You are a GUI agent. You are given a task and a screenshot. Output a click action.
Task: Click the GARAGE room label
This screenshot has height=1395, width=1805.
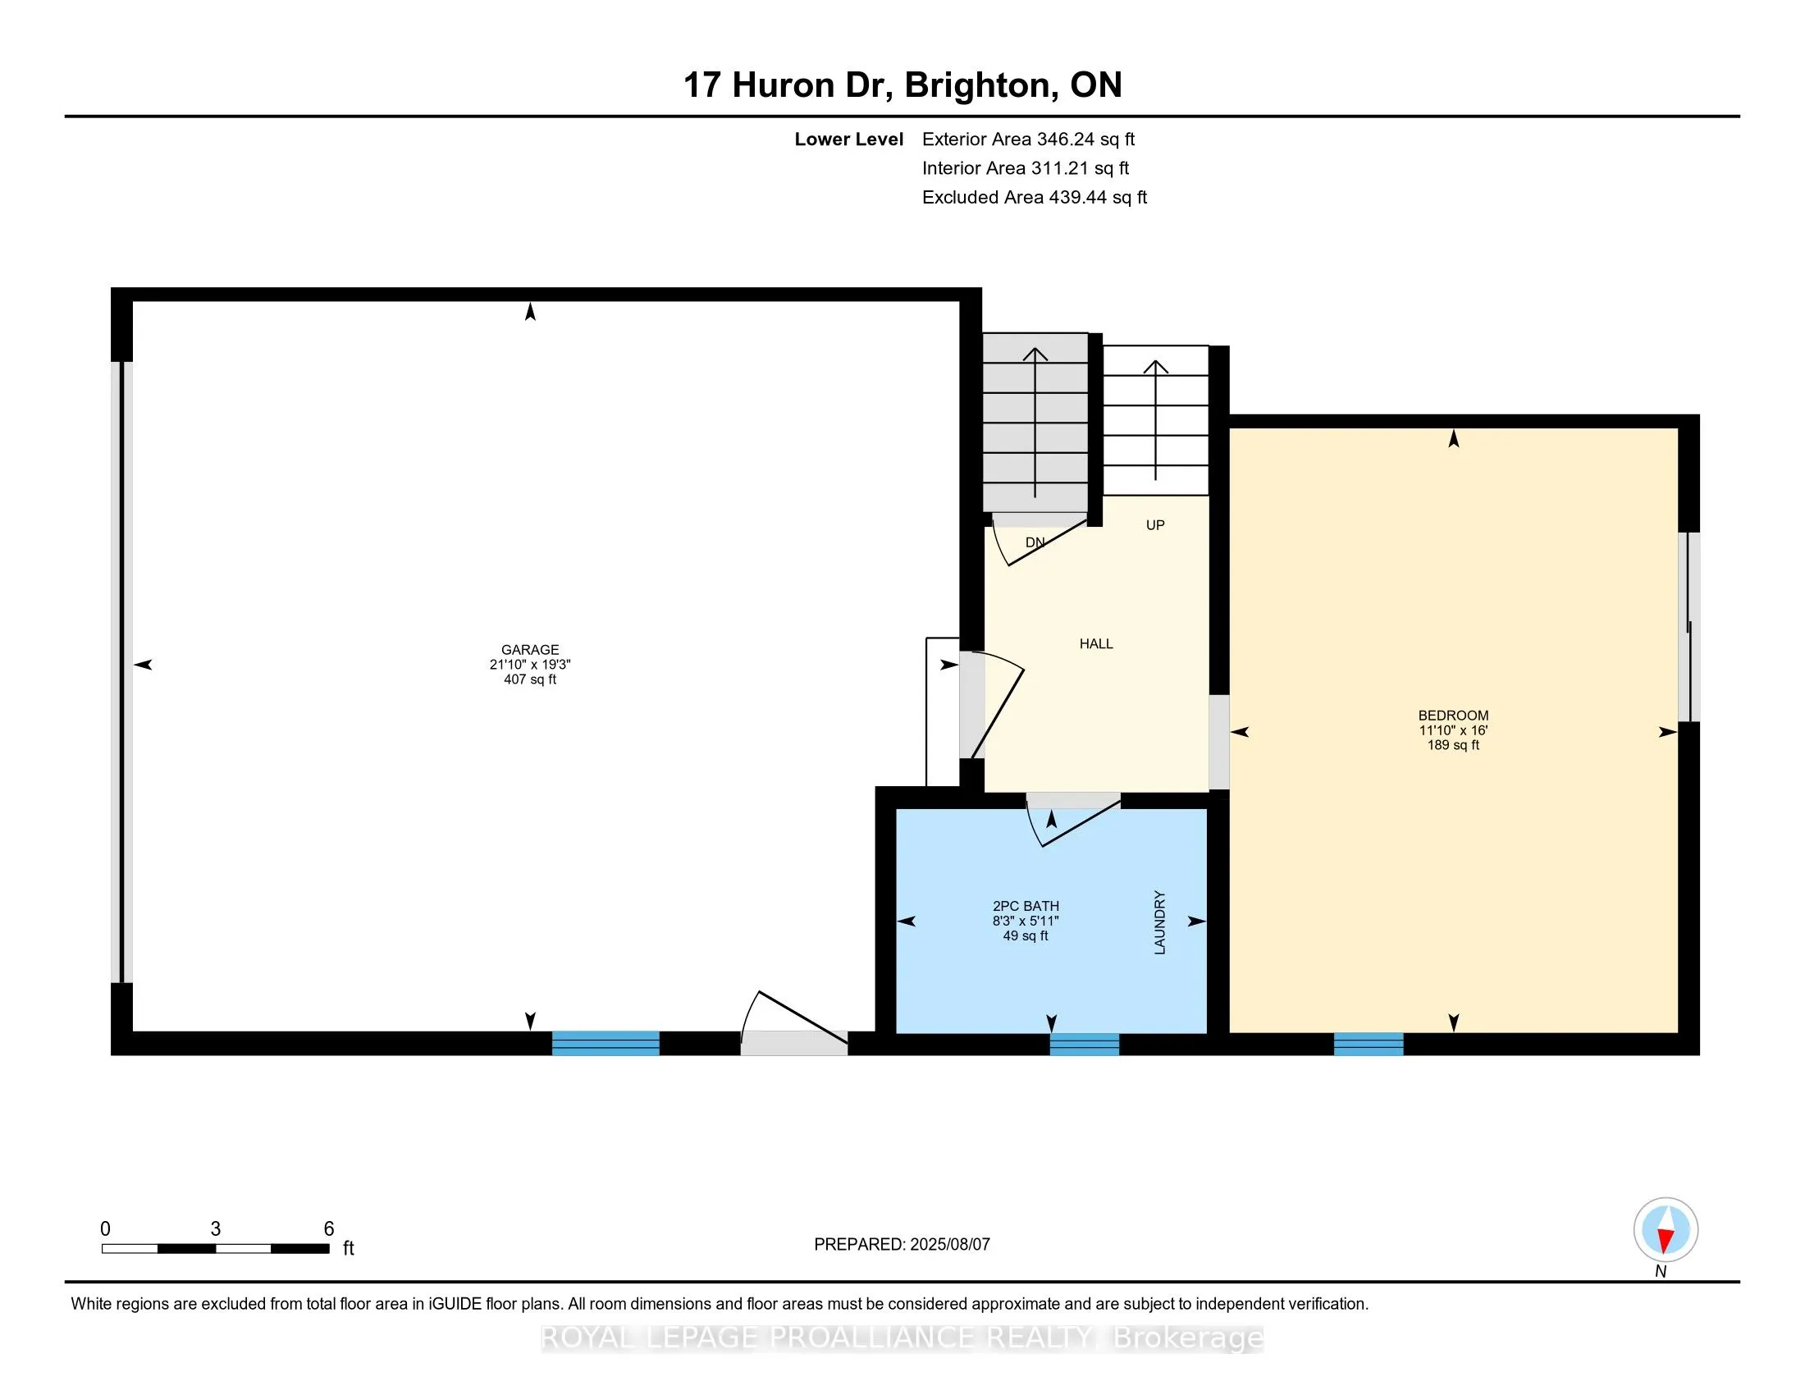point(530,650)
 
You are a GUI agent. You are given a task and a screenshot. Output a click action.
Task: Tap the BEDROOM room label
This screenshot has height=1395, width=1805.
point(1453,716)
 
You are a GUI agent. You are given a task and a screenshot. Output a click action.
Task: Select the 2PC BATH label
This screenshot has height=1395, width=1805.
point(1026,906)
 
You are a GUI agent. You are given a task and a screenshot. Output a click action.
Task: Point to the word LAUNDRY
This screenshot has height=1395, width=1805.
point(1159,922)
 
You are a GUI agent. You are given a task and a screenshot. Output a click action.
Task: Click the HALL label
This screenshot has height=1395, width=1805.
point(1096,644)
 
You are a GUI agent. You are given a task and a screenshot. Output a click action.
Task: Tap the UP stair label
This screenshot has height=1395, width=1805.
point(1155,525)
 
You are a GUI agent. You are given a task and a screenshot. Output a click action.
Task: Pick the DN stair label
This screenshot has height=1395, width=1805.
point(1035,543)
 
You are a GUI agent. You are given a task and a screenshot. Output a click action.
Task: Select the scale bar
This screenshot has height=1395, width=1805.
point(216,1249)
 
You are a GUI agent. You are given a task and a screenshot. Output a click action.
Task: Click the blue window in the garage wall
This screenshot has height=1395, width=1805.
point(605,1044)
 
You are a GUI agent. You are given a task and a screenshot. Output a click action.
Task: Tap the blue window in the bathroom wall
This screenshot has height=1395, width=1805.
point(1085,1045)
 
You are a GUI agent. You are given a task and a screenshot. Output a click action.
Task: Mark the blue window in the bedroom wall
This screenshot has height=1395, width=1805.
point(1369,1045)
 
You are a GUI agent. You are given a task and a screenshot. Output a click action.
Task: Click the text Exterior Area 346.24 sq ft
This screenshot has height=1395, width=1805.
point(1028,139)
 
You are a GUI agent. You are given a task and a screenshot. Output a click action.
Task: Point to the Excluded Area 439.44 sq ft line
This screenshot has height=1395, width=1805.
point(1035,198)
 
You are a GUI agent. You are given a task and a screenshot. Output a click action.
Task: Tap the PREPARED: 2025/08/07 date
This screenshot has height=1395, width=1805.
point(902,1245)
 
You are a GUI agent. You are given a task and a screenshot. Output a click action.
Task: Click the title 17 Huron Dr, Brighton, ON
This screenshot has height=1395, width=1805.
point(902,85)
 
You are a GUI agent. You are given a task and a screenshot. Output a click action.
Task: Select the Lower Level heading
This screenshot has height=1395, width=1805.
point(849,139)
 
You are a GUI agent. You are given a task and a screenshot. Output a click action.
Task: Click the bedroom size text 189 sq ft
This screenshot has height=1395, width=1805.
point(1453,745)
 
